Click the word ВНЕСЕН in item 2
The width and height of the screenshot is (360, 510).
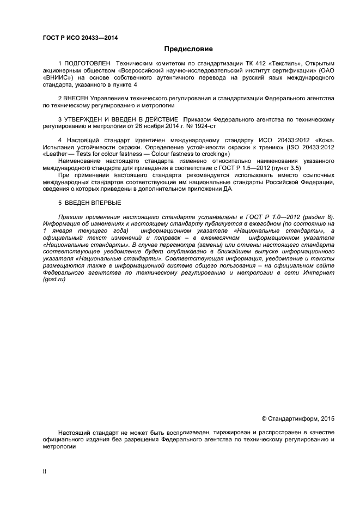click(81, 98)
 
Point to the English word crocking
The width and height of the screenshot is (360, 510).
click(213, 154)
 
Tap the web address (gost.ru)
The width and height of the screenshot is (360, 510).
click(54, 278)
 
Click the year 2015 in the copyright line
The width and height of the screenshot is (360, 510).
click(327, 418)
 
